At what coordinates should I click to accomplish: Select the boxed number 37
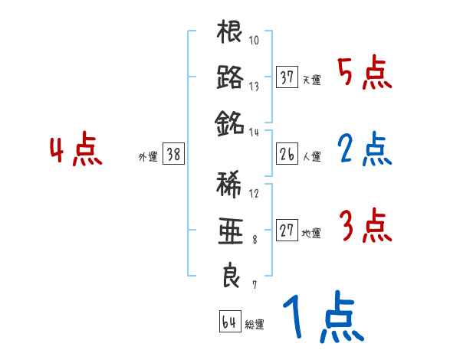(x=287, y=77)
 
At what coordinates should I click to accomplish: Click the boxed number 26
(x=287, y=155)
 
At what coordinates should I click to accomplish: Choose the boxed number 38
(x=173, y=155)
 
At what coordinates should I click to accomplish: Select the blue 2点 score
(x=365, y=150)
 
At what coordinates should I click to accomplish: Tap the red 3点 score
(x=365, y=227)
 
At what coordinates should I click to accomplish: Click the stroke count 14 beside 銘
(x=255, y=132)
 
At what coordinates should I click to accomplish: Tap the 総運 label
(x=255, y=325)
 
